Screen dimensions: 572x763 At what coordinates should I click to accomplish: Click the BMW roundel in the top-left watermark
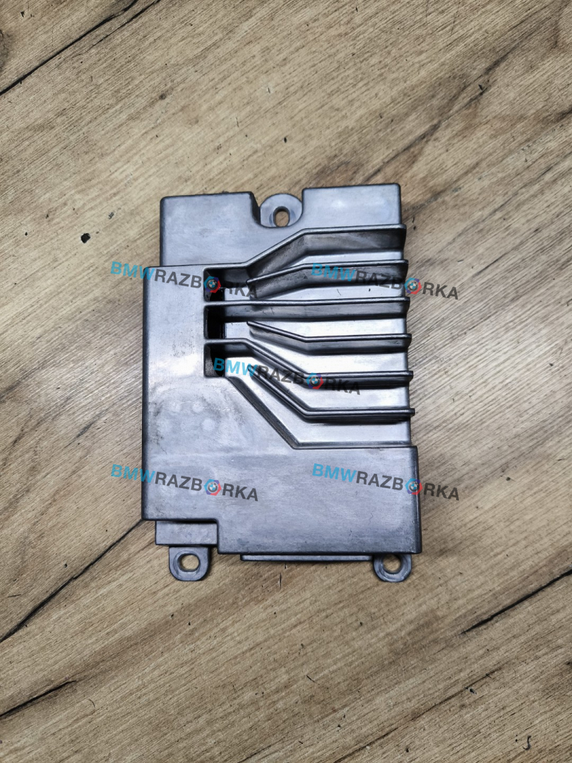[212, 284]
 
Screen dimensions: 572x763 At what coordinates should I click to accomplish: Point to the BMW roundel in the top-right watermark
[413, 285]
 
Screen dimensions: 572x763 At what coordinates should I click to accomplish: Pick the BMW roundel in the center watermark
[315, 381]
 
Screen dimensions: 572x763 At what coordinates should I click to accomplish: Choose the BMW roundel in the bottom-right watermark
[413, 486]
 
